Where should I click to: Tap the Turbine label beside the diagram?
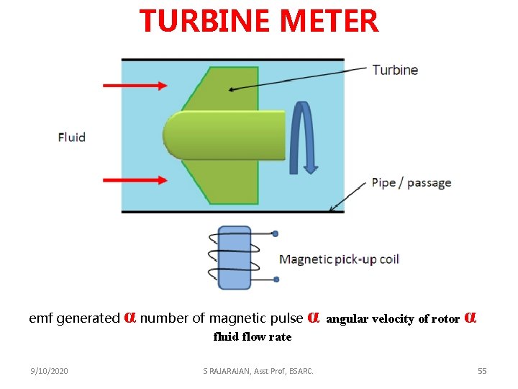pos(395,70)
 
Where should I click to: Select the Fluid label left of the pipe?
pos(71,137)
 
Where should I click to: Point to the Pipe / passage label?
pos(411,182)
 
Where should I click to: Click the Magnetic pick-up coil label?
pos(339,259)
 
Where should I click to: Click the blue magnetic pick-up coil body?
pos(234,257)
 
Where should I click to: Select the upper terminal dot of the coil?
pos(276,233)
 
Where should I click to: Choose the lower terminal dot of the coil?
pos(276,280)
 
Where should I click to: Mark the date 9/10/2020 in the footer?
pos(49,371)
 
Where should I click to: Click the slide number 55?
pos(482,371)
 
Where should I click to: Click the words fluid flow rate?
pos(253,336)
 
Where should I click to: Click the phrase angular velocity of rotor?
pos(393,318)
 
